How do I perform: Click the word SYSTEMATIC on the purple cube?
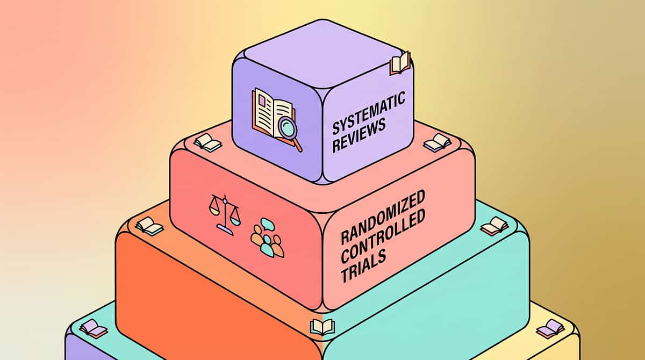click(x=369, y=113)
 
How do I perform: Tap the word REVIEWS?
click(x=359, y=135)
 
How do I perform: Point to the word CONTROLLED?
click(x=383, y=236)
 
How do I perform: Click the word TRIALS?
click(x=363, y=266)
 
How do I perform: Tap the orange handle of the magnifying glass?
click(x=298, y=145)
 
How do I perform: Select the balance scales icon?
click(x=225, y=215)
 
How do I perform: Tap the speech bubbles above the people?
click(x=267, y=224)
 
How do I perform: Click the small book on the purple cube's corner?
click(x=400, y=63)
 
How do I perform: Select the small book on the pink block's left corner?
click(x=207, y=142)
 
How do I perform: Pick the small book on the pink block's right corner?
click(x=438, y=142)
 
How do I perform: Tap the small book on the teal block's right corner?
click(x=494, y=226)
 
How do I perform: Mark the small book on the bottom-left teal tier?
click(x=94, y=329)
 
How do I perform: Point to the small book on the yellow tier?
click(x=550, y=329)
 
